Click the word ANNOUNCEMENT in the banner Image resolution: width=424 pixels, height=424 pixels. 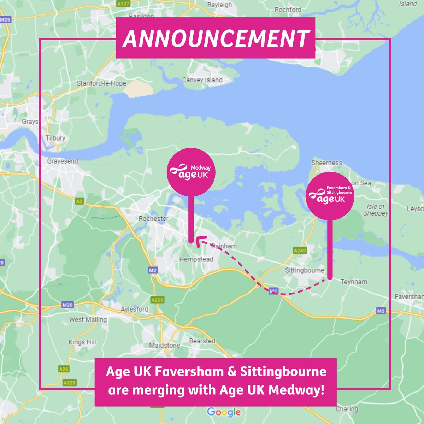(x=216, y=38)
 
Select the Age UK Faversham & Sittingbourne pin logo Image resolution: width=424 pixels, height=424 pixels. (x=330, y=196)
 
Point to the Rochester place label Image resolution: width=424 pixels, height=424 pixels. (x=153, y=219)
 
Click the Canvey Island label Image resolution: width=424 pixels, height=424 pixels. (x=202, y=80)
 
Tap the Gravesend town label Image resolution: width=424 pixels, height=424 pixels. (x=63, y=161)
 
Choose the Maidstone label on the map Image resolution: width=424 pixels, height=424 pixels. (x=165, y=345)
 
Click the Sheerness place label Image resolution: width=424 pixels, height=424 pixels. (x=326, y=163)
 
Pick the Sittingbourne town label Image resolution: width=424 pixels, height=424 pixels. (x=305, y=270)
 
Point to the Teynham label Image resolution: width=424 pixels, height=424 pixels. (x=354, y=282)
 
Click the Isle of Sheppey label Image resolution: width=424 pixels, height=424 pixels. (x=376, y=210)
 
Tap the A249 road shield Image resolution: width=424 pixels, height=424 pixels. (x=300, y=251)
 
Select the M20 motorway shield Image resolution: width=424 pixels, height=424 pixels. (x=67, y=305)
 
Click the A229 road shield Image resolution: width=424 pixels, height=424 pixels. (x=157, y=300)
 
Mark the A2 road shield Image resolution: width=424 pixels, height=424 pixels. (x=79, y=201)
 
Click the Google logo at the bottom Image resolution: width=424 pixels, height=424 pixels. (x=224, y=412)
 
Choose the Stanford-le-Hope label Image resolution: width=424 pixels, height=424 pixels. (x=101, y=83)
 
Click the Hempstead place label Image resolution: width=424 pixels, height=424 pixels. (x=196, y=259)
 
